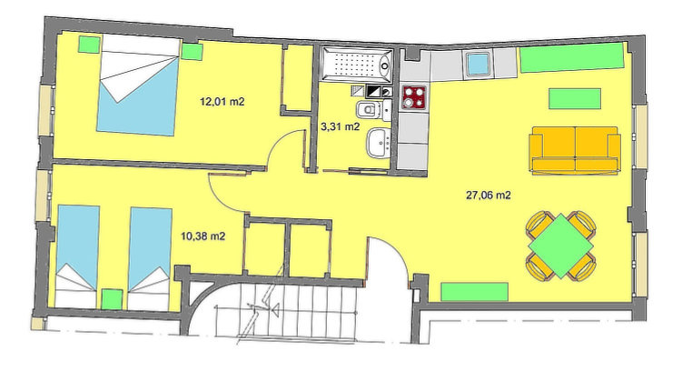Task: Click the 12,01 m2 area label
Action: (222, 102)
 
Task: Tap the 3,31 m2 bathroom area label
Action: (340, 126)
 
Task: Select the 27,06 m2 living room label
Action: (488, 196)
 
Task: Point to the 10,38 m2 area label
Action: (203, 236)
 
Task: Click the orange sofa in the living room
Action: (575, 150)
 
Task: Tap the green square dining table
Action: (560, 246)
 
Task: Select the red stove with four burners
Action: (413, 97)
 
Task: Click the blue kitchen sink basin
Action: (479, 64)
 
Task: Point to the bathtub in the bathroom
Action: (356, 65)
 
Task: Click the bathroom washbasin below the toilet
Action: (378, 143)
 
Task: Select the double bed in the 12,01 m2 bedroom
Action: (138, 85)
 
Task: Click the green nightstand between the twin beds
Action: (112, 299)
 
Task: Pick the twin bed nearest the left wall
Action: (77, 257)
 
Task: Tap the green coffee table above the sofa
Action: (575, 99)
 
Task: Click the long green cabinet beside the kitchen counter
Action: (573, 58)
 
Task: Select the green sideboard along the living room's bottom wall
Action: (475, 292)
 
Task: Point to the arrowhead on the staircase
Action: (274, 310)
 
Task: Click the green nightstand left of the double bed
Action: (90, 45)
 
